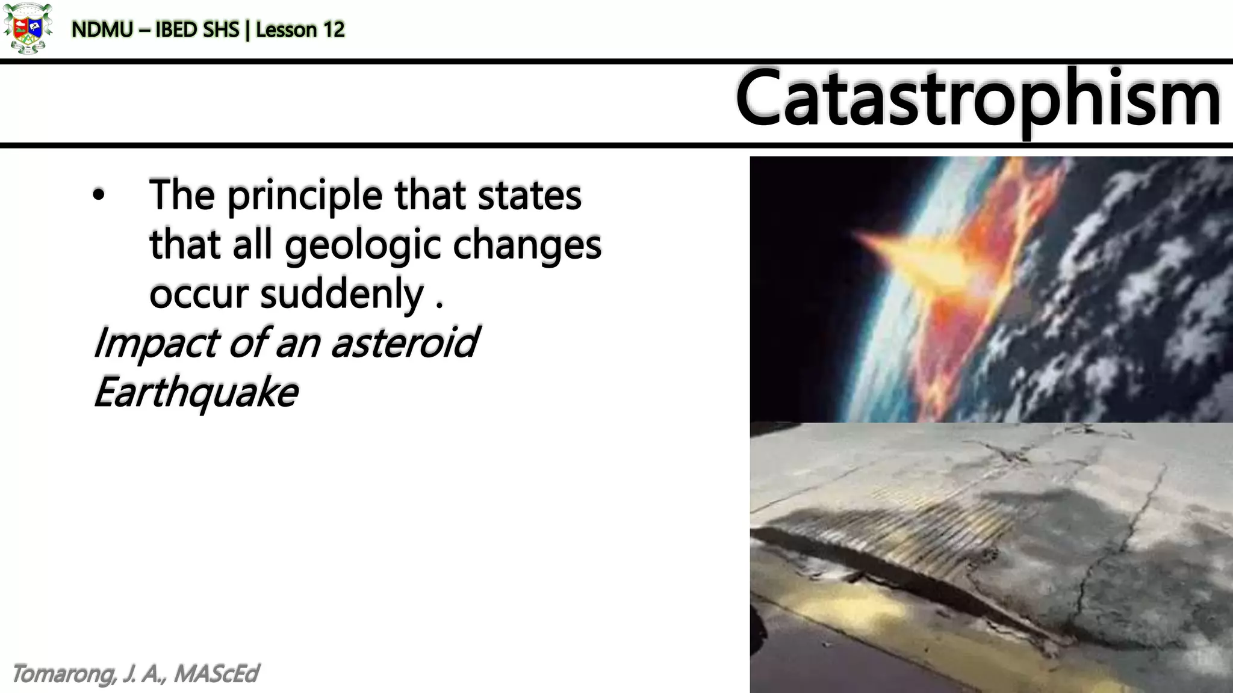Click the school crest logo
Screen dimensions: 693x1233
tap(26, 28)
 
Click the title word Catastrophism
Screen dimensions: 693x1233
tap(978, 99)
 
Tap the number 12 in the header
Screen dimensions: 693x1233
tap(332, 29)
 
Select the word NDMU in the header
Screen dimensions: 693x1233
tap(102, 29)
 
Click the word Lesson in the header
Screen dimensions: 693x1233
tap(286, 29)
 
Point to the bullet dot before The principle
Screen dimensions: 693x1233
tap(99, 195)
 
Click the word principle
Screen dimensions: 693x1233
tap(305, 196)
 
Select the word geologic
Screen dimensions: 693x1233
tap(363, 245)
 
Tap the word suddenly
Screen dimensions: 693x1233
tap(342, 294)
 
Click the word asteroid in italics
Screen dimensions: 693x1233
tap(405, 343)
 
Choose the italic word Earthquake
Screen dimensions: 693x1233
tap(196, 392)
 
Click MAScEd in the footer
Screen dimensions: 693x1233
tap(216, 674)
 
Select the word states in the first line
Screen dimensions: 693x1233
tap(530, 196)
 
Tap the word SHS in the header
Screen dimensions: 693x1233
tap(222, 29)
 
